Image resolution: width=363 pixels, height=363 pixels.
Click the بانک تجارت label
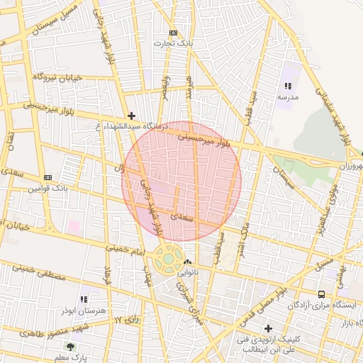[x=174, y=43]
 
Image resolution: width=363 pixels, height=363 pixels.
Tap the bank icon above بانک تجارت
[x=174, y=33]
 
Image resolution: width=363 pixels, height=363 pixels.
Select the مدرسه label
[x=286, y=96]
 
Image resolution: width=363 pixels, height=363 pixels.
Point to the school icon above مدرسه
[x=287, y=86]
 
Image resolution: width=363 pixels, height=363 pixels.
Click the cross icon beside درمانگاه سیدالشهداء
[x=130, y=115]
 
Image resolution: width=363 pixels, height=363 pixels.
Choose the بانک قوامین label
[x=48, y=189]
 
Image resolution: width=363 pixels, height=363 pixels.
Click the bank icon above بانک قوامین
[x=48, y=177]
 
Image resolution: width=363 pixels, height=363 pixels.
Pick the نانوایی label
[x=187, y=272]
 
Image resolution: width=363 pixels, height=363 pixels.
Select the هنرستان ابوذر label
[x=84, y=311]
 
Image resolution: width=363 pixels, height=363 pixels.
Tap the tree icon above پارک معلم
[x=70, y=346]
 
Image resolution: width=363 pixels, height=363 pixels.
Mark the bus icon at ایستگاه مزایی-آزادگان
[x=321, y=294]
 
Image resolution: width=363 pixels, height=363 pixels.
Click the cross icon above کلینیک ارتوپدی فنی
[x=268, y=328]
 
